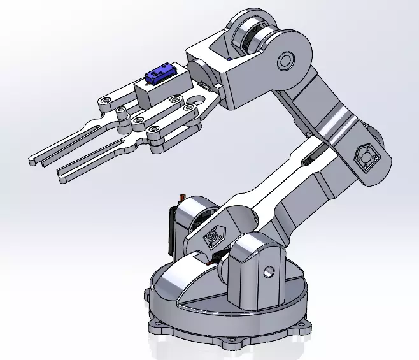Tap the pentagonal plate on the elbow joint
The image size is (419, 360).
pyautogui.click(x=366, y=157)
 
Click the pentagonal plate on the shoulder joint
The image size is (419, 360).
pyautogui.click(x=211, y=238)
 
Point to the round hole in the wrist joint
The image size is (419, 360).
pyautogui.click(x=285, y=61)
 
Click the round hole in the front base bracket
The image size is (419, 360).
pyautogui.click(x=269, y=271)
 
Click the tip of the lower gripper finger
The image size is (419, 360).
pyautogui.click(x=62, y=175)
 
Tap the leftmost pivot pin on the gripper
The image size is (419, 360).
pyautogui.click(x=104, y=101)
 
